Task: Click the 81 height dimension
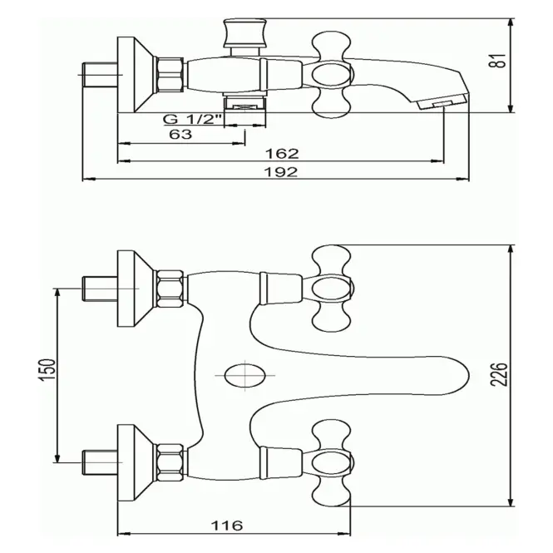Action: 500,61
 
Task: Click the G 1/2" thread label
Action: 192,119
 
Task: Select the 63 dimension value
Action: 180,135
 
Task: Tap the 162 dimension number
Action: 282,153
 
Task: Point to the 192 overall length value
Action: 281,172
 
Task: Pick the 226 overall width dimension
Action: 500,374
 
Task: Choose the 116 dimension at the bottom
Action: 227,526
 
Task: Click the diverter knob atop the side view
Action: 244,33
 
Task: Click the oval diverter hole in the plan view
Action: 244,375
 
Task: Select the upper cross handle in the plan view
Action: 333,289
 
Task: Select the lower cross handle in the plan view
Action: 333,462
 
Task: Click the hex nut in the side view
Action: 170,75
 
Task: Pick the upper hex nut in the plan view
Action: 170,289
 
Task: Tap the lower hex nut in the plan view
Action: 170,462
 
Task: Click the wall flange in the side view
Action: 135,74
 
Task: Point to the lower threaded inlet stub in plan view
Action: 100,462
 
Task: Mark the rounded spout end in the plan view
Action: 458,375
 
